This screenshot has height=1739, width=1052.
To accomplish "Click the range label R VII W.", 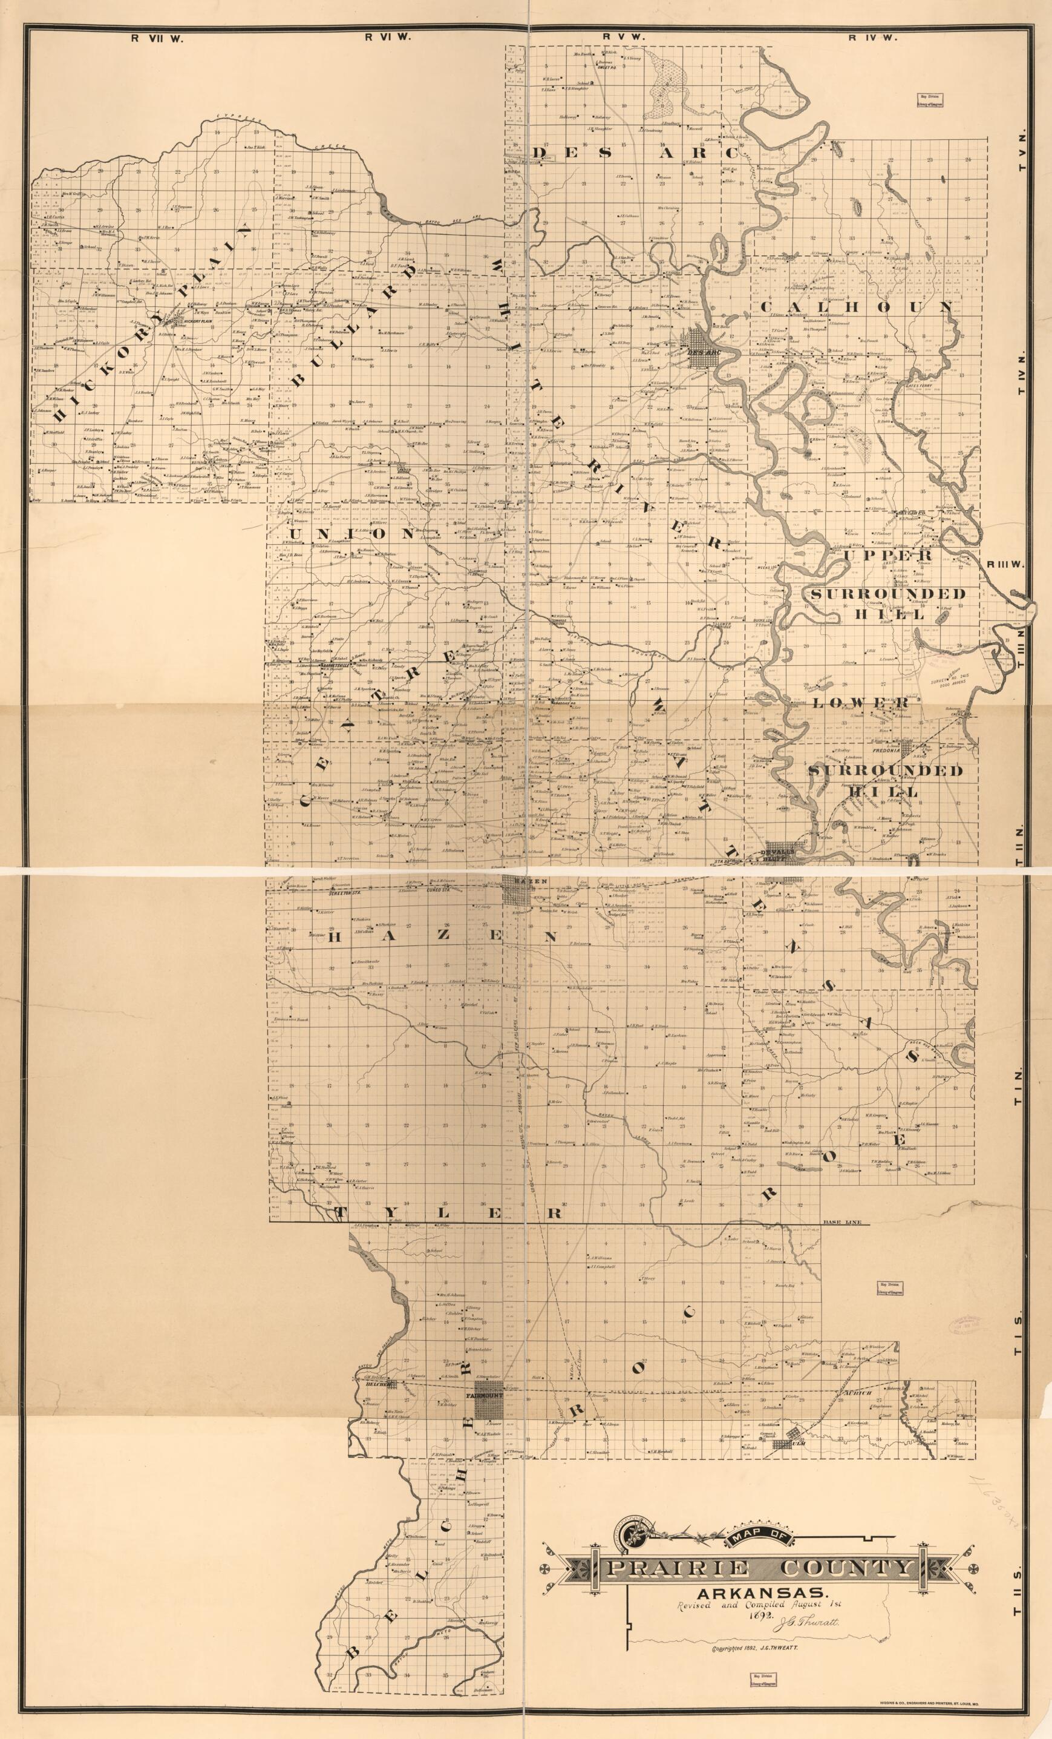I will pyautogui.click(x=157, y=39).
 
